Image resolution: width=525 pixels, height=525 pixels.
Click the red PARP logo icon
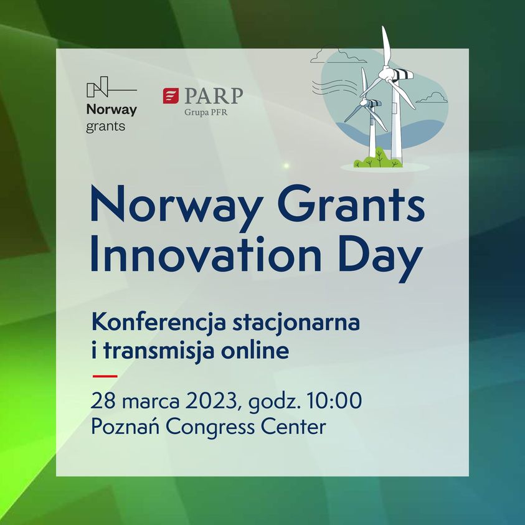click(x=171, y=96)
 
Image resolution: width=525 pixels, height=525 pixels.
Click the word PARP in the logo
click(x=213, y=96)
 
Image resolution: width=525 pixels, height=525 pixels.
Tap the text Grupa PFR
click(x=206, y=112)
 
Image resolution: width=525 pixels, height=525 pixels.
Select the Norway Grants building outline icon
click(x=111, y=87)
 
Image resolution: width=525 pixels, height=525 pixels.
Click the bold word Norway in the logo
click(x=111, y=110)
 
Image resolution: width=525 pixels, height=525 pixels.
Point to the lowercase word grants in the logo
click(x=105, y=126)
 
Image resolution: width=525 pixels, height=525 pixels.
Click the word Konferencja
click(x=158, y=323)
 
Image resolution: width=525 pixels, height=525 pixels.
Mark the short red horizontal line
click(x=105, y=376)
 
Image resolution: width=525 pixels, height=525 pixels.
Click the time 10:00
click(x=334, y=400)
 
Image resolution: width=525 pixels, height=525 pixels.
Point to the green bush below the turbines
click(x=377, y=159)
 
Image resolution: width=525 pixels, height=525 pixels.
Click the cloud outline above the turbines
click(x=338, y=55)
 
